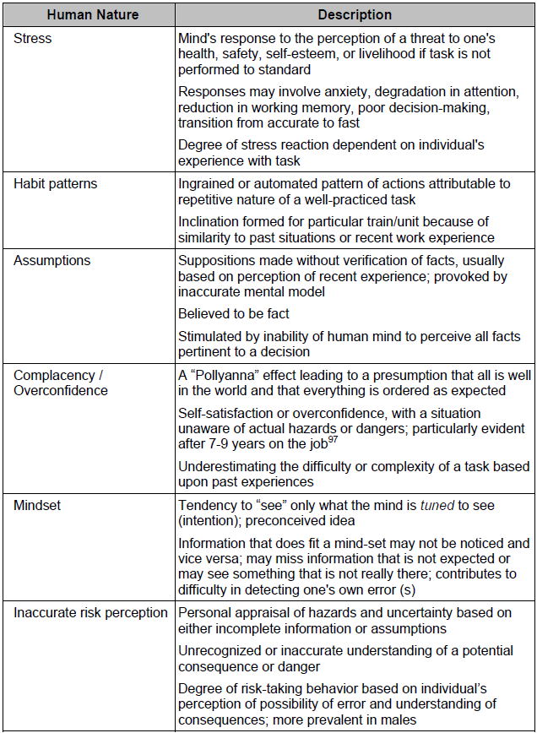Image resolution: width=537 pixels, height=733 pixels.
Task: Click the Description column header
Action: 355,15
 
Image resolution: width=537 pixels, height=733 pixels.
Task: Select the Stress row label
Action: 32,38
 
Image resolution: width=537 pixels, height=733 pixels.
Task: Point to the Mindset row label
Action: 37,505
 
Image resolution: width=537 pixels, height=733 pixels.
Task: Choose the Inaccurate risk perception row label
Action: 90,612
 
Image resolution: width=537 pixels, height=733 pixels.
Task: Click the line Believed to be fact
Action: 233,314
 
